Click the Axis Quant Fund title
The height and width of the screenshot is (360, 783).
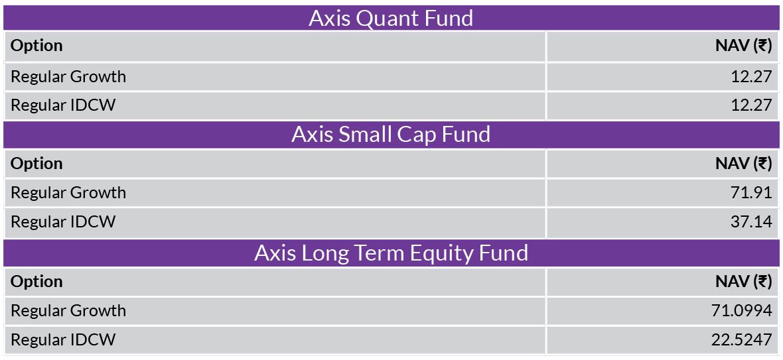[x=391, y=18]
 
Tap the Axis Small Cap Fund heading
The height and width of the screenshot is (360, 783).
[x=391, y=135]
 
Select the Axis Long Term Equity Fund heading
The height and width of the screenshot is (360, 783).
[x=391, y=253]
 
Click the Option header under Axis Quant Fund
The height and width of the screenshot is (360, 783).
[x=36, y=46]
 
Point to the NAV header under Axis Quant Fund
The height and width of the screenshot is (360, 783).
[x=744, y=46]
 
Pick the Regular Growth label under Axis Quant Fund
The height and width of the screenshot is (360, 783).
[x=68, y=77]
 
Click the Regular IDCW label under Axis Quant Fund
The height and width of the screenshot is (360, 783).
[x=63, y=105]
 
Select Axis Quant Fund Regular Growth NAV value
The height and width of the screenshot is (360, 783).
[x=751, y=77]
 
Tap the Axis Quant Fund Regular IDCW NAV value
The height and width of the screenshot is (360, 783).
[x=751, y=105]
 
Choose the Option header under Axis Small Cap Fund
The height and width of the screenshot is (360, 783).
[x=36, y=164]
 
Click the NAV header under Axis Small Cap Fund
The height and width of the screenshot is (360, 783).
[x=744, y=164]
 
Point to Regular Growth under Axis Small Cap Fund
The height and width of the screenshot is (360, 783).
[x=68, y=192]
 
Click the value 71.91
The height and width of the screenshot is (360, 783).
[x=751, y=192]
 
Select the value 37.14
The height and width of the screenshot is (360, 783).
[x=751, y=222]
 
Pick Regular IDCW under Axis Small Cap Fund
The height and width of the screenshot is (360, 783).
[x=63, y=222]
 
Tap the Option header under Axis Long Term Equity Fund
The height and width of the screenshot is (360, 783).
[x=36, y=282]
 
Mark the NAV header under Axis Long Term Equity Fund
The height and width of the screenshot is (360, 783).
[x=744, y=282]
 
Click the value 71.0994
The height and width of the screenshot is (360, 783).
[x=742, y=311]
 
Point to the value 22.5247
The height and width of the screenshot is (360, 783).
[x=742, y=340]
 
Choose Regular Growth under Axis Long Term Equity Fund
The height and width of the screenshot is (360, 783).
[x=68, y=311]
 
